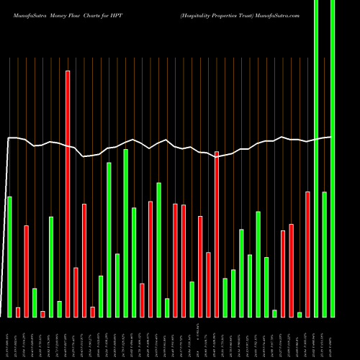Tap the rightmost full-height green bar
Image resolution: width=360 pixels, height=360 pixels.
click(x=333, y=158)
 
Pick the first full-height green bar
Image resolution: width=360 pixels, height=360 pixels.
click(x=316, y=158)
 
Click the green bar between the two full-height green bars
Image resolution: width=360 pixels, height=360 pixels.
click(x=325, y=253)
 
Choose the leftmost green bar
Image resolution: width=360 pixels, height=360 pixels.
click(x=9, y=256)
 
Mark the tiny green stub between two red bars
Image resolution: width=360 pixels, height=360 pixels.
click(x=300, y=314)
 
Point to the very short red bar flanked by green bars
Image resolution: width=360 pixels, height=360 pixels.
click(x=63, y=313)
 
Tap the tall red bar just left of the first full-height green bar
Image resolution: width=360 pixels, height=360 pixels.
click(x=308, y=253)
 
